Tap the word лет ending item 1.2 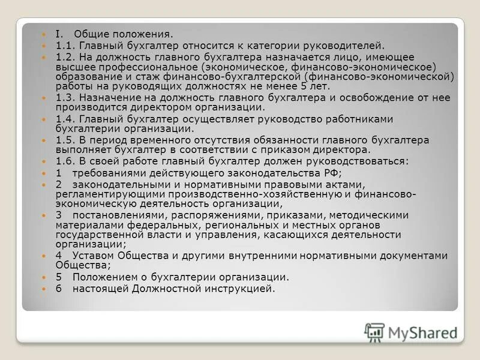coord(320,86)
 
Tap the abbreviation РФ coord(331,172)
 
